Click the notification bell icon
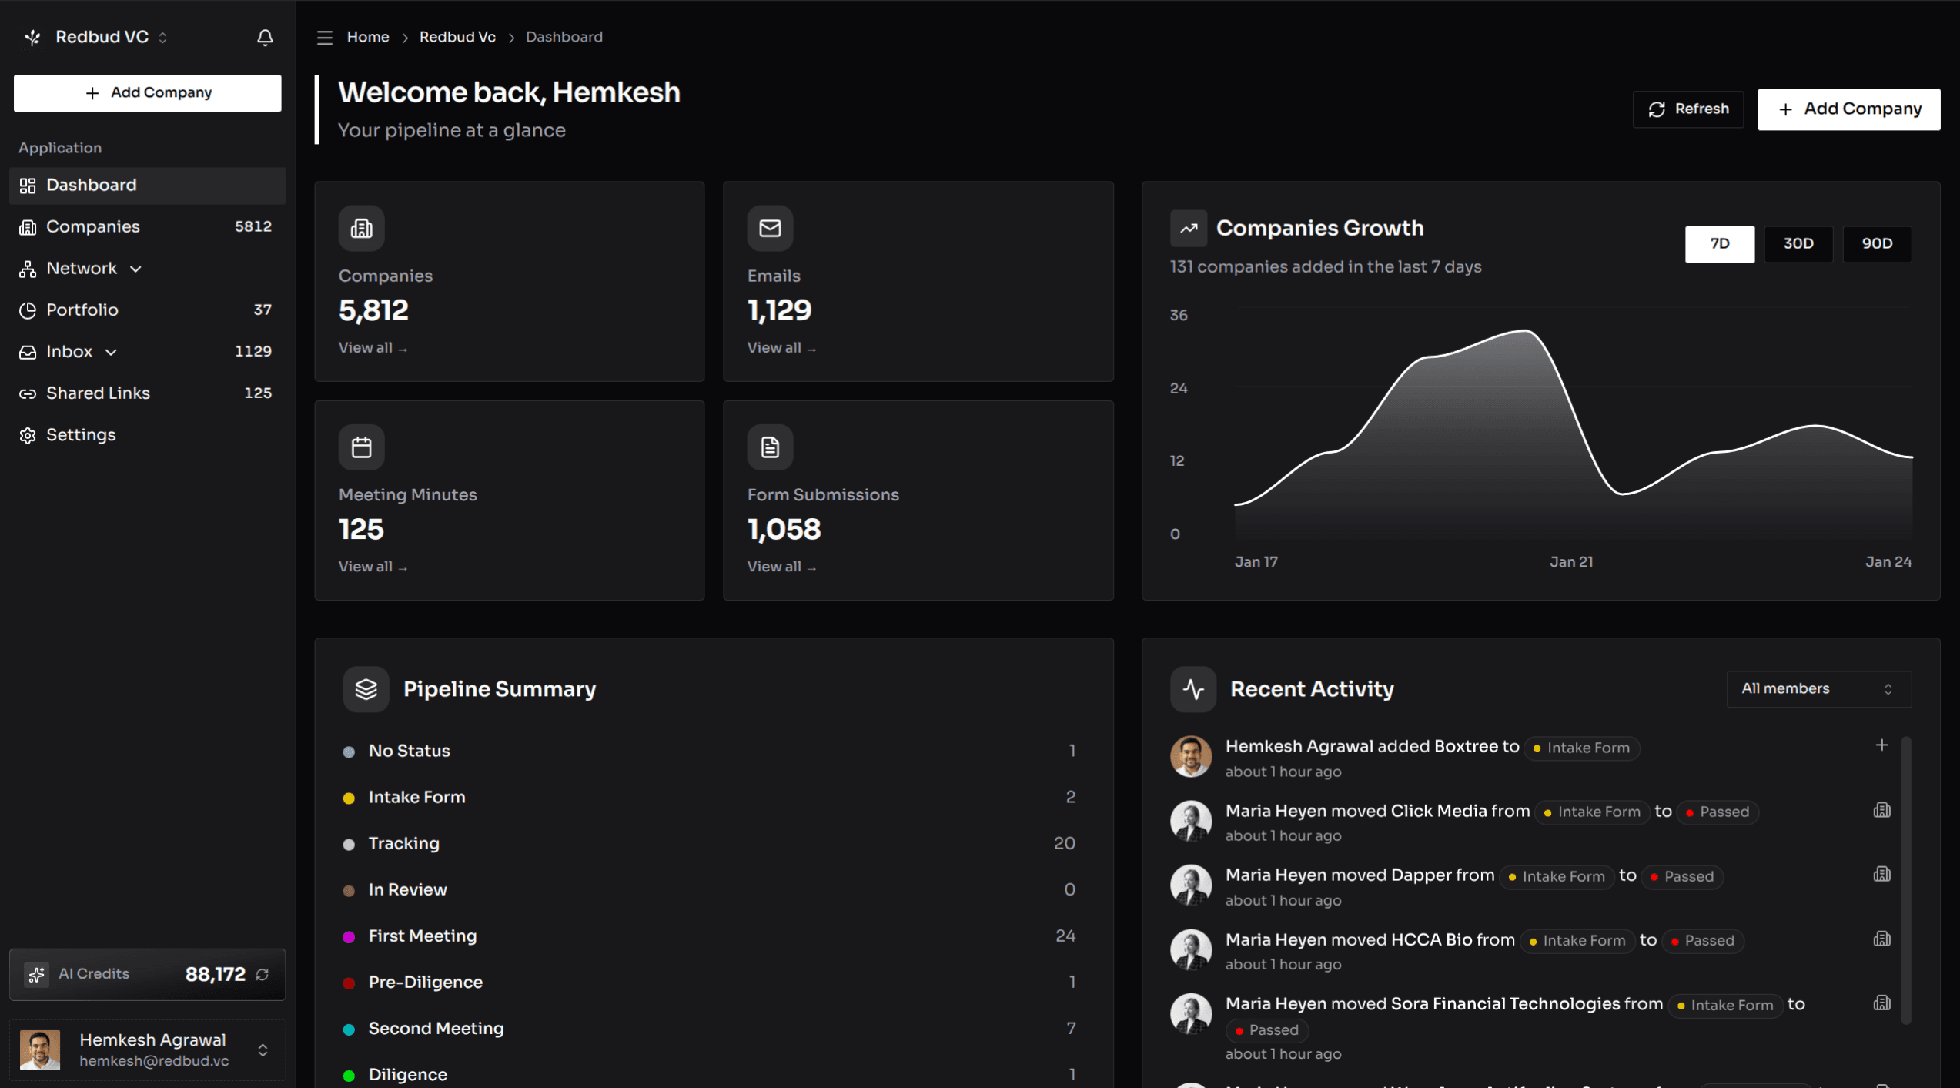[265, 37]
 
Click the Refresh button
[1687, 109]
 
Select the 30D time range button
[1798, 244]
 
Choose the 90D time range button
[1876, 244]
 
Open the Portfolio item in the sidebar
[82, 310]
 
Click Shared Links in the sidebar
[98, 393]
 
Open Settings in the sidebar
[81, 435]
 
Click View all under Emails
[781, 348]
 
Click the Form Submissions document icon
[769, 447]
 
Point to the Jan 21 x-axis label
[1570, 562]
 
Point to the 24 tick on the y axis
[1178, 388]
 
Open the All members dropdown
[1818, 689]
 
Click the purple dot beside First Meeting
[349, 937]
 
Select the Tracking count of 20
[1064, 843]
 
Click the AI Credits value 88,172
[215, 975]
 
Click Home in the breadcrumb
[367, 37]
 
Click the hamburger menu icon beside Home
[324, 38]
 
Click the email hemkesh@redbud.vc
[154, 1061]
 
